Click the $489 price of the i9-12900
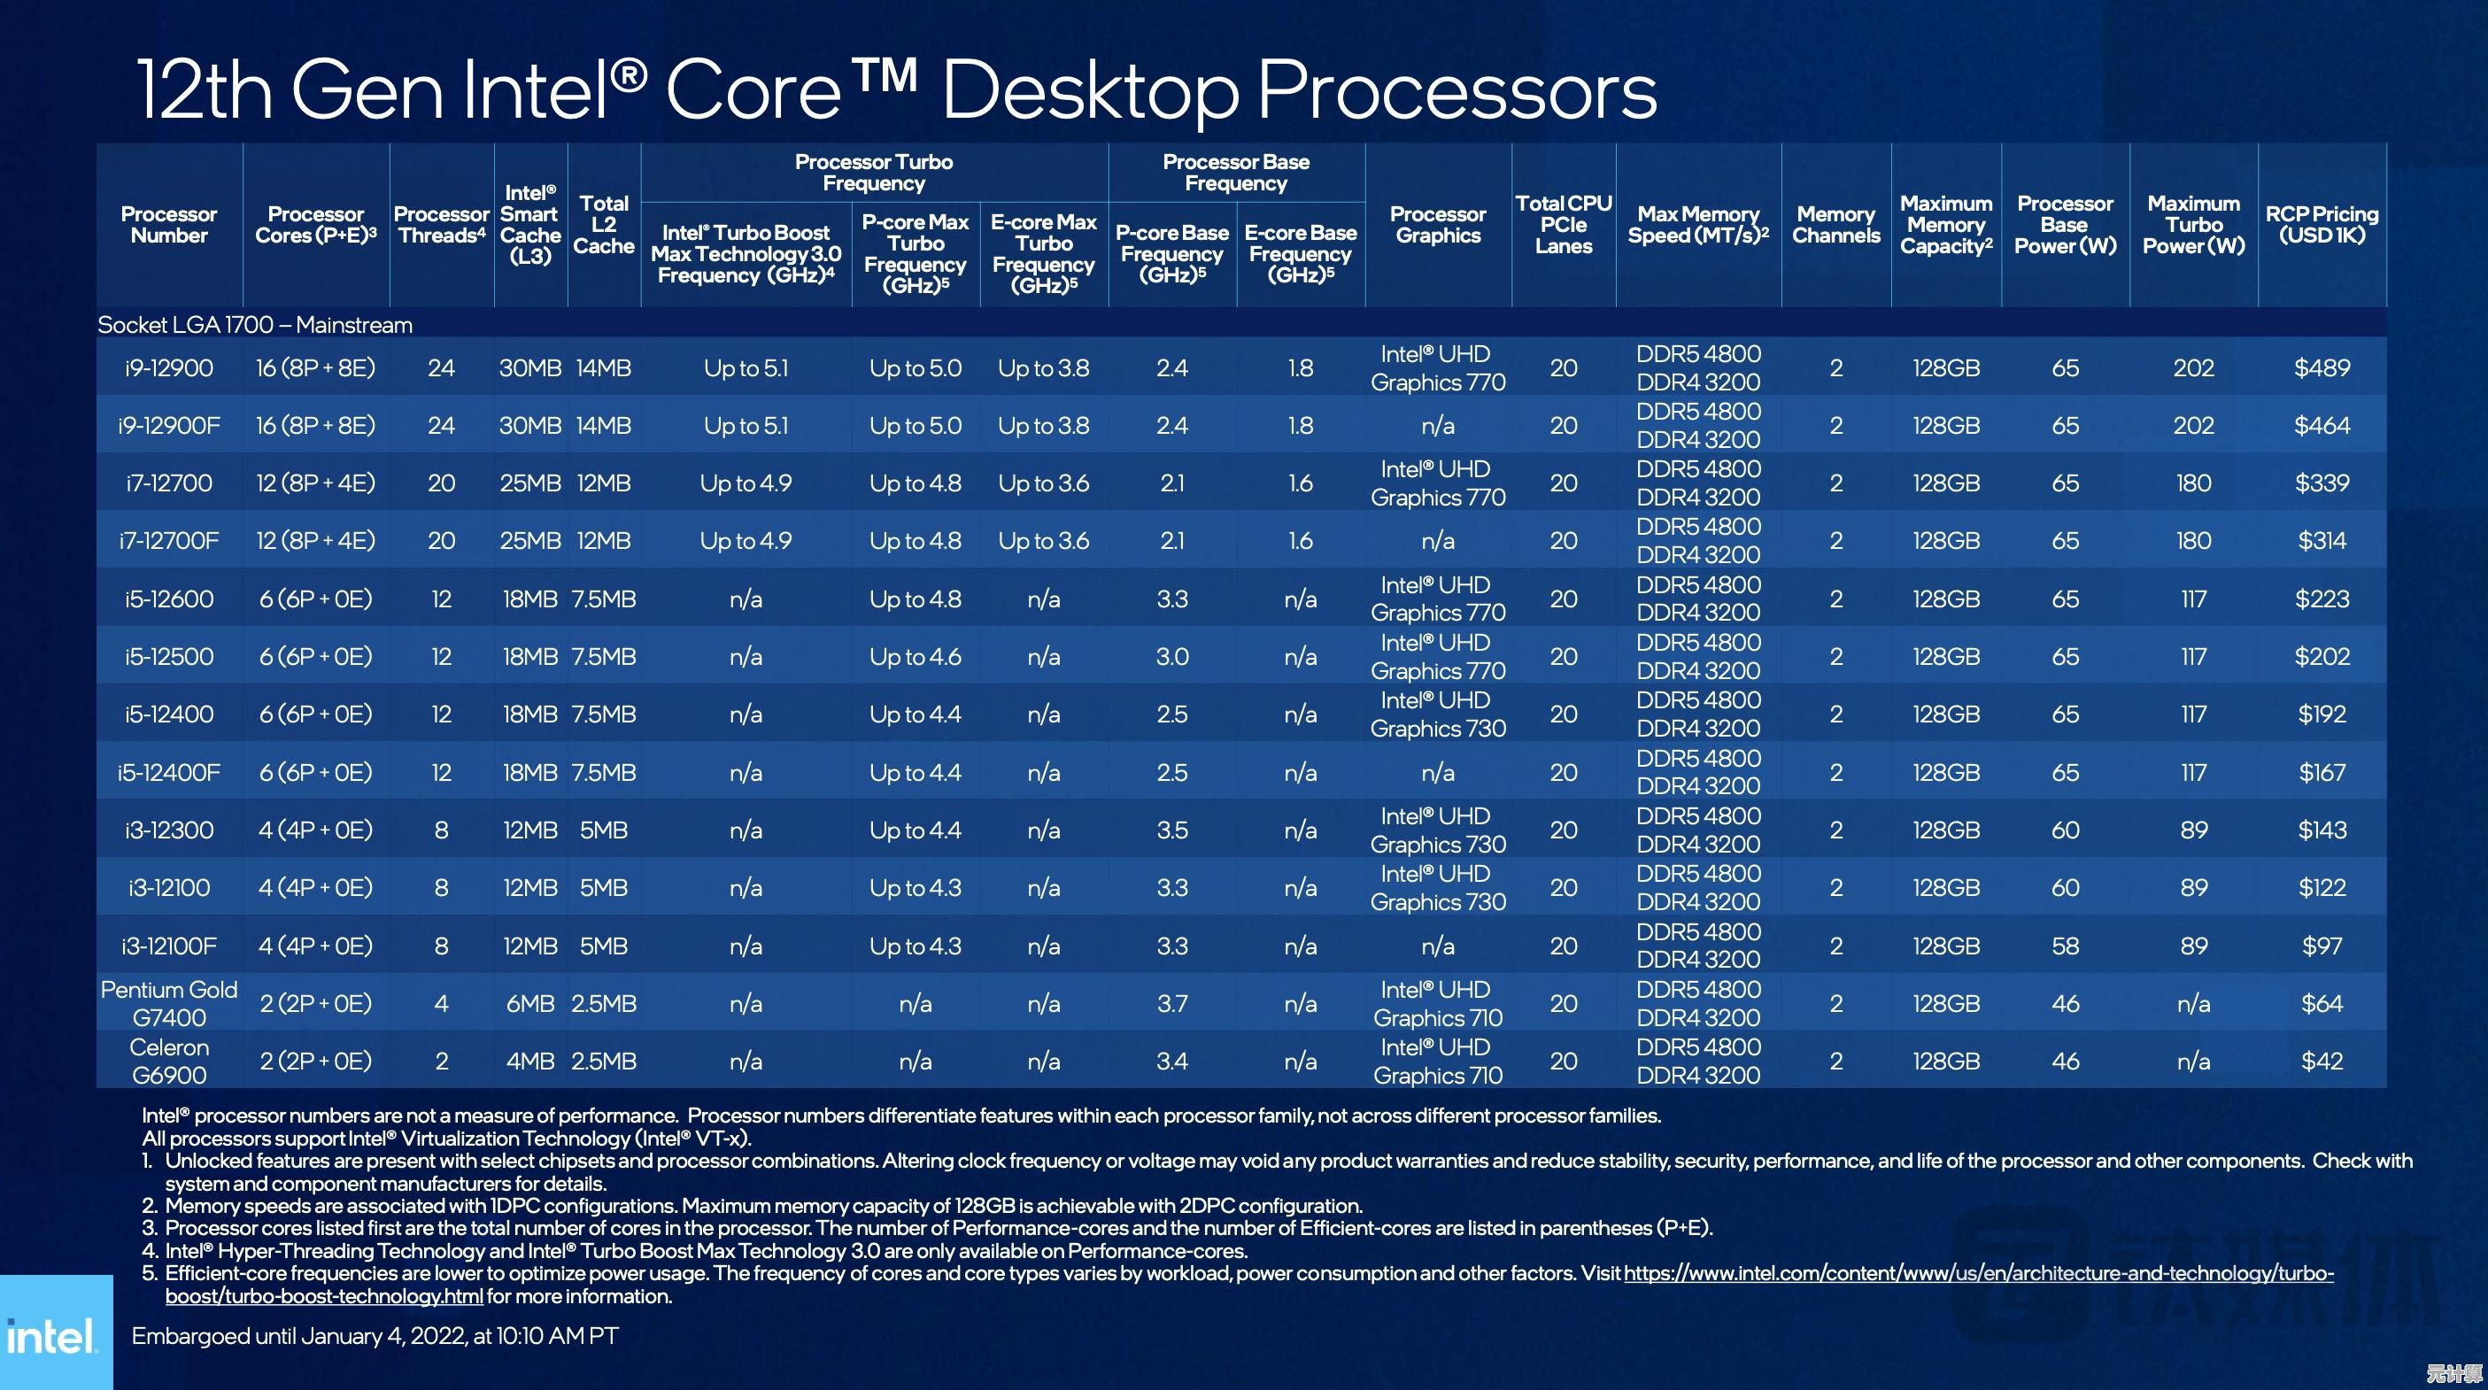[2321, 368]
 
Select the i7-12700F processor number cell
[169, 541]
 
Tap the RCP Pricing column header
[2321, 225]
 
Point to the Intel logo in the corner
[53, 1336]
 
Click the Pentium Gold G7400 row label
[169, 1004]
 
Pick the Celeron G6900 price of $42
[2321, 1062]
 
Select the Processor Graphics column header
[1437, 225]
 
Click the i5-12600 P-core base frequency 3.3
[1171, 598]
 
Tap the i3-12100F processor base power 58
[2065, 946]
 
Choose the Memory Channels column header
[1835, 225]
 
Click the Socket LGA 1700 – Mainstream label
[255, 326]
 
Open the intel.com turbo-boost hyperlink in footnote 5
[1977, 1274]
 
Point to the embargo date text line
[375, 1336]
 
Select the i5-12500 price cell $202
[2321, 657]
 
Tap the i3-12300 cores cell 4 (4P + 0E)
[315, 830]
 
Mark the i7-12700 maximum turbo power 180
[2193, 483]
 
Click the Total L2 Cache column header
[604, 225]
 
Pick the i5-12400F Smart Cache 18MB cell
[530, 773]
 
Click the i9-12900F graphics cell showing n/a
[1437, 426]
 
